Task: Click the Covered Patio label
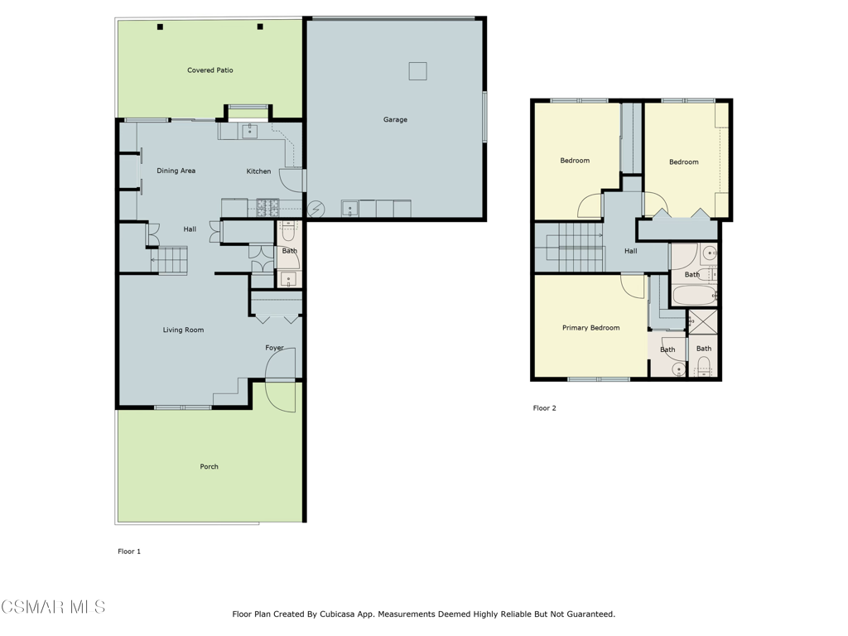(210, 70)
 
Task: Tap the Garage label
(395, 119)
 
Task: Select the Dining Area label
(176, 171)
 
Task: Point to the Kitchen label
(258, 171)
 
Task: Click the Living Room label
(183, 330)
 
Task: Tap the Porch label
(210, 467)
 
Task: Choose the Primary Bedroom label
(591, 328)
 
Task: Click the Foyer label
(275, 348)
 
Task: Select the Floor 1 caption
(129, 552)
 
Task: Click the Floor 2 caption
(545, 408)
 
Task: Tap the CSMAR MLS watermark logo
(53, 607)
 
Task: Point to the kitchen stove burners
(267, 205)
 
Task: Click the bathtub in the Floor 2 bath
(695, 296)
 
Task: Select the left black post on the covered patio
(160, 26)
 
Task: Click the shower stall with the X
(702, 322)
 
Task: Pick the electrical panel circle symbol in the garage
(316, 209)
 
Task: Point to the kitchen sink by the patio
(250, 130)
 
